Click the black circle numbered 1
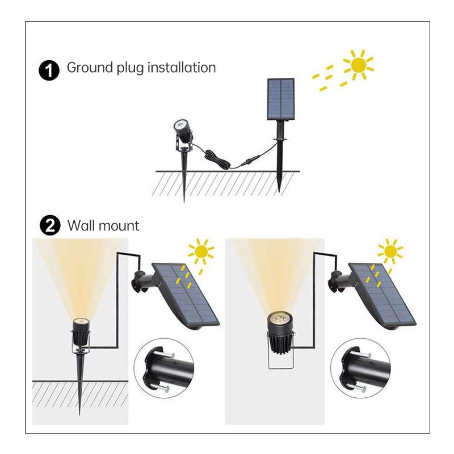click(x=49, y=70)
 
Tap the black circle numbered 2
click(x=50, y=225)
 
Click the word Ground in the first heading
click(x=90, y=68)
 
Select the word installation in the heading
click(x=182, y=68)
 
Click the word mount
click(x=117, y=226)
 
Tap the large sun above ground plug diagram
click(x=359, y=65)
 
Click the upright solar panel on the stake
click(x=280, y=99)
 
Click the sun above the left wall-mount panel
click(x=201, y=251)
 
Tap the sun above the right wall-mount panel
click(x=390, y=251)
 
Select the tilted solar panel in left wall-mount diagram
click(x=186, y=296)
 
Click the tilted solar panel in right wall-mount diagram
click(x=382, y=296)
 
